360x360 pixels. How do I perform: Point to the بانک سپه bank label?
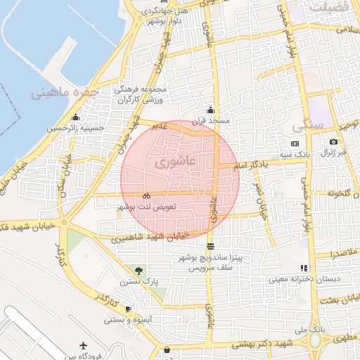click(291, 153)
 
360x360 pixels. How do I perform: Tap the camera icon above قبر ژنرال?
click(333, 142)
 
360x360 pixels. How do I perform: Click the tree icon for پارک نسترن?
click(138, 271)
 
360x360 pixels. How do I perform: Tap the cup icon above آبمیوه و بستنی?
click(128, 309)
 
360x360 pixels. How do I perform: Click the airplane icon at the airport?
click(84, 346)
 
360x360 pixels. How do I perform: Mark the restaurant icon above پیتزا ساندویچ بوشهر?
click(211, 246)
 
